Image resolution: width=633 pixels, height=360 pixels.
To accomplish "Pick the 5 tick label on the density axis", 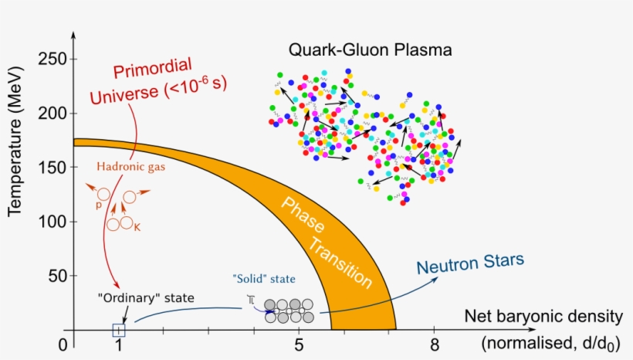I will click(299, 345).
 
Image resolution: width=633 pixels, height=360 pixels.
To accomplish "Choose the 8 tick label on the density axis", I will click(435, 345).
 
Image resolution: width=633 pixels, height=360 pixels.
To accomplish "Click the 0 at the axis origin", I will click(63, 345).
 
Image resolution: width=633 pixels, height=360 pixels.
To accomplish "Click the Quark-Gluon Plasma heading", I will click(370, 50).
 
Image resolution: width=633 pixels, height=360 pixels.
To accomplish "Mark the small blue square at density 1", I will click(118, 331).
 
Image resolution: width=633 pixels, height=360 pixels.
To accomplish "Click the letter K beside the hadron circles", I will click(137, 229).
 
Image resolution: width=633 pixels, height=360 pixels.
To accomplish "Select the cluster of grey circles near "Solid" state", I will click(289, 311).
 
